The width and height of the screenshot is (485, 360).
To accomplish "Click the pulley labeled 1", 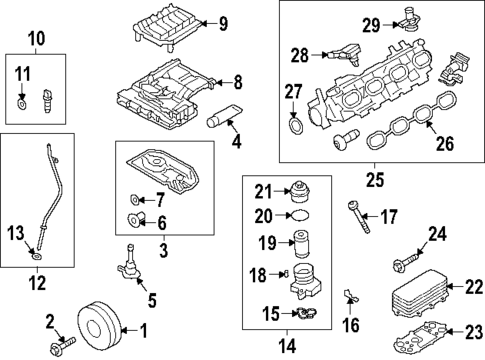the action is [99, 326].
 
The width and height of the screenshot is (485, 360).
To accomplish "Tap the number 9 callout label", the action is [223, 24].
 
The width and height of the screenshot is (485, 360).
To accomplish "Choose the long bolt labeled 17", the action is [359, 217].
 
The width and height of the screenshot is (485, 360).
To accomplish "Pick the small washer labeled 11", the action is [21, 104].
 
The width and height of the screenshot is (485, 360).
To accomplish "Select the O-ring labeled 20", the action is [299, 215].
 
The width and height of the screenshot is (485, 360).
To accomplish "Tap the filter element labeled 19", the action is [301, 244].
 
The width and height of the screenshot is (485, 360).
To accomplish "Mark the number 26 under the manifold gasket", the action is [445, 143].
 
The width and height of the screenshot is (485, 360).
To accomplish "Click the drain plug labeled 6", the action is [136, 219].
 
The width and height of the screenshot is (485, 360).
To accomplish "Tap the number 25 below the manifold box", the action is [375, 180].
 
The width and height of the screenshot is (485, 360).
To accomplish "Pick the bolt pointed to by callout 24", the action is [406, 262].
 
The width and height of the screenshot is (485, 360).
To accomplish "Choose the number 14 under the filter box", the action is [287, 346].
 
